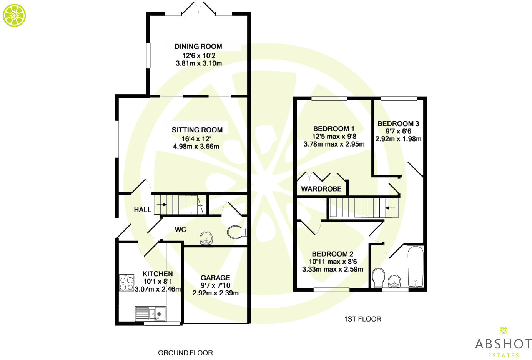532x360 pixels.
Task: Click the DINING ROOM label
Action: [x=198, y=46]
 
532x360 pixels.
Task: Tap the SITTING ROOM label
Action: [x=197, y=130]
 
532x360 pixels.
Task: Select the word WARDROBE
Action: [x=321, y=189]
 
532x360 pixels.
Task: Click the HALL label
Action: [x=143, y=210]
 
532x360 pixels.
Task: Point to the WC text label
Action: [x=181, y=230]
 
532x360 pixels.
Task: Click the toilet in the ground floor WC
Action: [x=237, y=232]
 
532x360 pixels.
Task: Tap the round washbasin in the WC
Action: [x=206, y=238]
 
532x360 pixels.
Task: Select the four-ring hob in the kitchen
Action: [x=126, y=283]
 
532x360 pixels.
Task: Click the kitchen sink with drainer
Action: [x=151, y=313]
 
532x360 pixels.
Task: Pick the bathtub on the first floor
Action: [x=416, y=267]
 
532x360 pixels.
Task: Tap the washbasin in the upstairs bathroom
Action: [x=394, y=281]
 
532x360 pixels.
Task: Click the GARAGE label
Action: [x=215, y=278]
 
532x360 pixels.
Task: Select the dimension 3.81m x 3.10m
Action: [x=199, y=63]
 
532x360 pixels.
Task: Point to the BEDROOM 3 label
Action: [x=398, y=123]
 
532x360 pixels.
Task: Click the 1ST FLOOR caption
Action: [x=362, y=319]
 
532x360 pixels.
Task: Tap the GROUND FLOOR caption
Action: [x=185, y=353]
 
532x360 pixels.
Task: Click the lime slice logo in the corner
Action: [x=14, y=15]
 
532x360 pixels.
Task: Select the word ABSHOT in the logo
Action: [x=503, y=344]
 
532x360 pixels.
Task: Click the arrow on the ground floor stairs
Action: [x=161, y=204]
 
